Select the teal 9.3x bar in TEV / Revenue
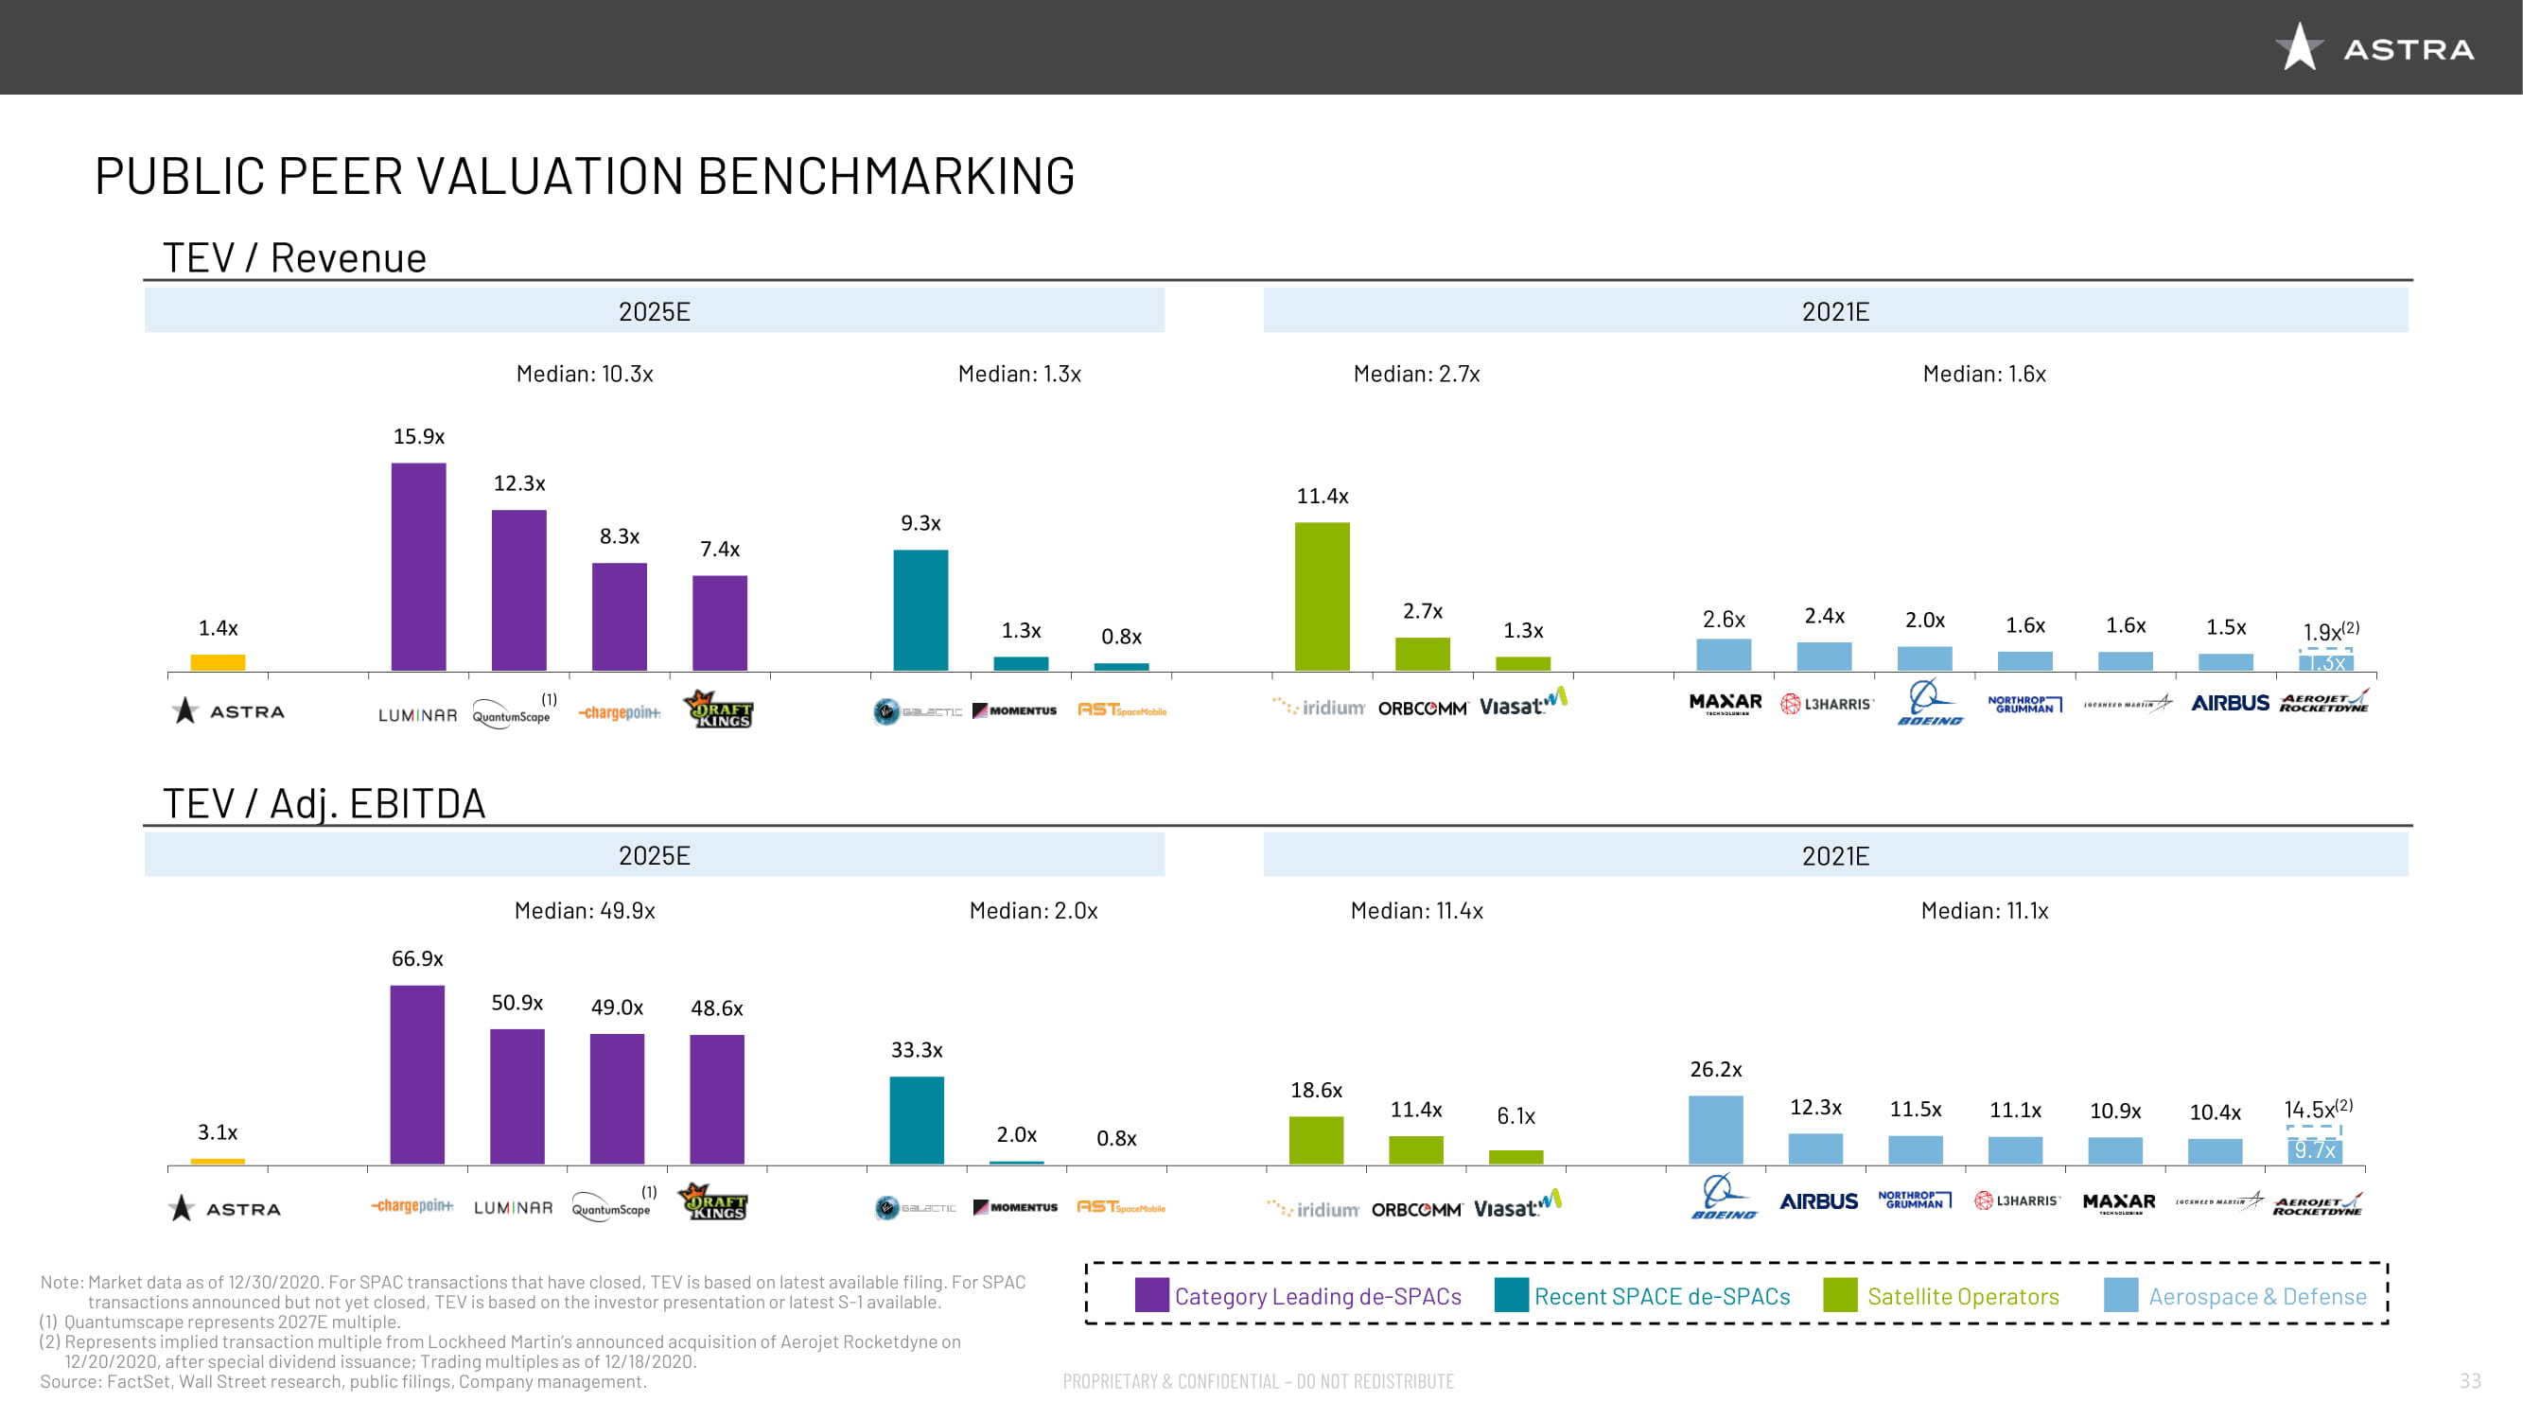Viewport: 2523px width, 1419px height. [920, 609]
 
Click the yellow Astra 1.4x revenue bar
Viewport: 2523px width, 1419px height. [218, 662]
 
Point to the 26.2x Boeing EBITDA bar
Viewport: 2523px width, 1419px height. [1715, 1130]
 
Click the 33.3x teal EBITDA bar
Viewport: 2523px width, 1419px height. [916, 1119]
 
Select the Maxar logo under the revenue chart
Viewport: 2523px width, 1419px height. [1725, 703]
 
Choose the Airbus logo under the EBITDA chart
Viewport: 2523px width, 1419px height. [1818, 1201]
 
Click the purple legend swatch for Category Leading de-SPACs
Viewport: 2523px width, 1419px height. [1151, 1295]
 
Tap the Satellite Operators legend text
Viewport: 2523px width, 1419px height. [1963, 1297]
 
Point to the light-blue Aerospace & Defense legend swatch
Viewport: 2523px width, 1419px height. [2120, 1295]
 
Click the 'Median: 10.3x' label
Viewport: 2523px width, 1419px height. [585, 374]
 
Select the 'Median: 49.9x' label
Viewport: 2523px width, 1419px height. [585, 911]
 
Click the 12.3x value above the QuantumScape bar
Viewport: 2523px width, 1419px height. [519, 482]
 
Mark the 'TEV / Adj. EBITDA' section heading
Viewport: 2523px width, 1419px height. [324, 803]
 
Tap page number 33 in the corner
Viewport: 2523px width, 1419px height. [2470, 1381]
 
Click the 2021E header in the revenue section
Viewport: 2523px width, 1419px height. [1834, 311]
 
